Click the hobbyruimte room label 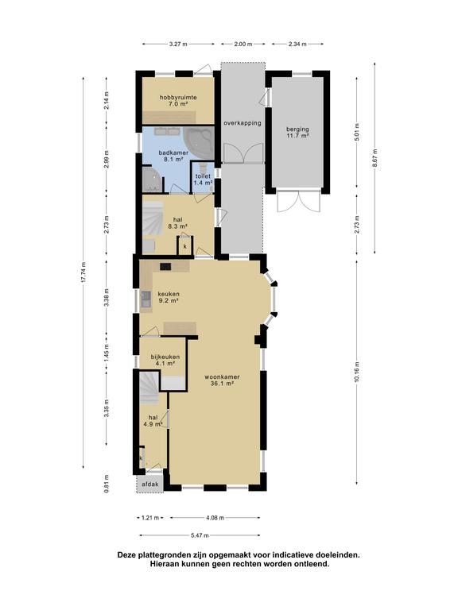click(x=178, y=98)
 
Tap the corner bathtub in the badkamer click(x=200, y=142)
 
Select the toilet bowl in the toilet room click(x=202, y=168)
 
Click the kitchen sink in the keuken click(x=146, y=299)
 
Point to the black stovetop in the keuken click(x=165, y=267)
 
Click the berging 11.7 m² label click(x=297, y=133)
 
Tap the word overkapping click(x=243, y=123)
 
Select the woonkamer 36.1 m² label click(x=222, y=380)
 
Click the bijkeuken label click(x=165, y=357)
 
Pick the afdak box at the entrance click(x=150, y=485)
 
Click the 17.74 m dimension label click(x=83, y=274)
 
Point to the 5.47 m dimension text click(x=200, y=535)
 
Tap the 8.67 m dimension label click(x=375, y=158)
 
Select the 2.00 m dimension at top click(x=243, y=44)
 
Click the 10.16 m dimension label click(x=357, y=373)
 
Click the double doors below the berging click(x=298, y=202)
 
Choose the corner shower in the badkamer click(x=153, y=180)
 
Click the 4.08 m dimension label click(x=215, y=518)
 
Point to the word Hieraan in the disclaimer click(x=165, y=563)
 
